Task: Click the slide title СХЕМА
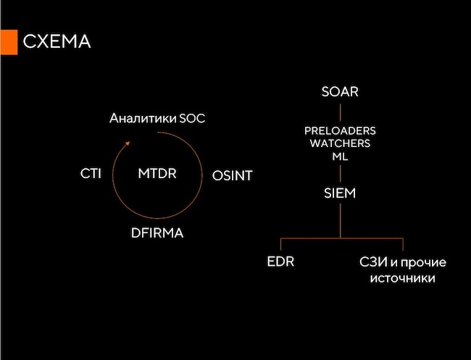tap(57, 41)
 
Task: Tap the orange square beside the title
tap(8, 42)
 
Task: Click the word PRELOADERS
tap(341, 131)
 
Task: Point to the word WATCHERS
tap(341, 143)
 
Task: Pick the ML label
tap(341, 156)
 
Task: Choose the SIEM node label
tap(341, 194)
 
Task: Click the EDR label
tap(280, 261)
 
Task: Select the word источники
tap(402, 278)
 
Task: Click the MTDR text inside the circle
tap(157, 175)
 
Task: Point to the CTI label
tap(91, 175)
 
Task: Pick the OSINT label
tap(232, 175)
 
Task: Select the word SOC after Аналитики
tap(191, 118)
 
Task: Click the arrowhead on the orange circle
tap(128, 143)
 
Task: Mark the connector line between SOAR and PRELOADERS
tap(341, 112)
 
